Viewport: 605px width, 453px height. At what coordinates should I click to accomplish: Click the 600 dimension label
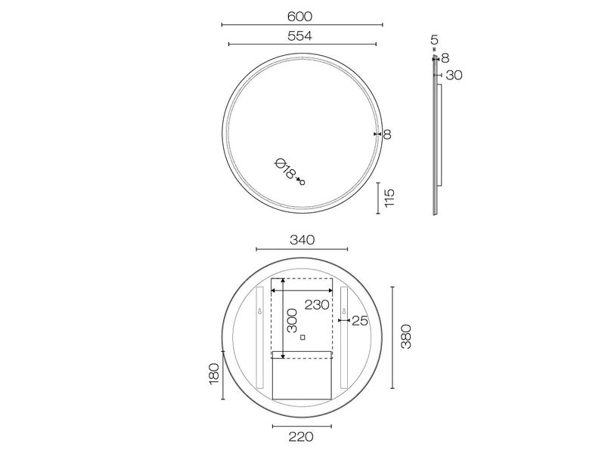click(x=300, y=16)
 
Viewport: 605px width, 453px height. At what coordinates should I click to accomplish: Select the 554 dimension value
click(x=300, y=35)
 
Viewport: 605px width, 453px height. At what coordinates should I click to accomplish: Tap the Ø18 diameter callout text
click(x=285, y=169)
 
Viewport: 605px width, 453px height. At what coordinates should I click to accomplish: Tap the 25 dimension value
click(x=359, y=321)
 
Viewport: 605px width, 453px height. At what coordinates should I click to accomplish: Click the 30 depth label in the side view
click(x=453, y=75)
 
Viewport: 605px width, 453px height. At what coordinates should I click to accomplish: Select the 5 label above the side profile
click(x=434, y=39)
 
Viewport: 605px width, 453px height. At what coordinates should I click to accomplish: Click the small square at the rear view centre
click(x=302, y=337)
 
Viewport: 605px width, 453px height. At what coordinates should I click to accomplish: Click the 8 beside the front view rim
click(x=386, y=134)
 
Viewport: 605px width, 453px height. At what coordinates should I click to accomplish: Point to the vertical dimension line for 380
click(x=392, y=336)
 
